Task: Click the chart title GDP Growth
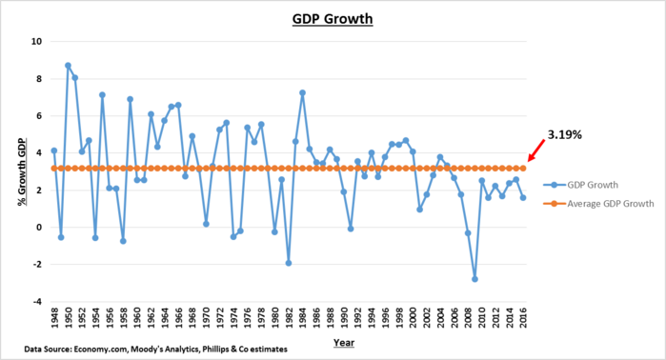333,18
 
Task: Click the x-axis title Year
333,340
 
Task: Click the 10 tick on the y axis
36,42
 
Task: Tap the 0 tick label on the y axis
39,228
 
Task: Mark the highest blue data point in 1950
68,66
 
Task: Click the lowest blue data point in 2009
474,279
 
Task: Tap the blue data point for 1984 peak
302,93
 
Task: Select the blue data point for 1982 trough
288,263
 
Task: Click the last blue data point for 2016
523,198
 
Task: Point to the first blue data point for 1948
53,150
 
